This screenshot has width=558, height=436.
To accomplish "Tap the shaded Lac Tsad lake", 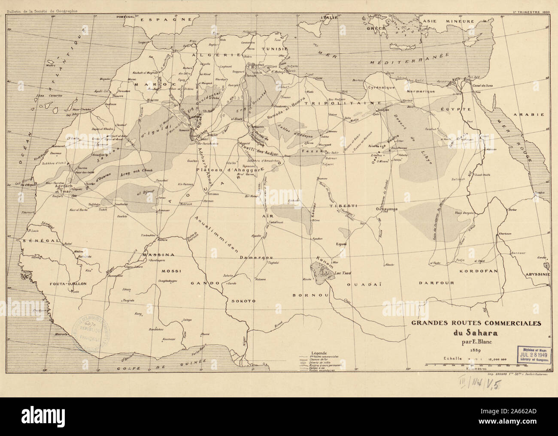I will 321,273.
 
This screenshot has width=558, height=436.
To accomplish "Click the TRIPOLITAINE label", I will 343,104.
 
